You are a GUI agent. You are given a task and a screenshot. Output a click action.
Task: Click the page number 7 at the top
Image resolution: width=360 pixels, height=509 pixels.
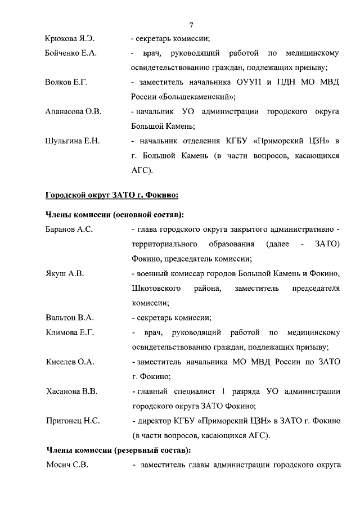click(x=191, y=25)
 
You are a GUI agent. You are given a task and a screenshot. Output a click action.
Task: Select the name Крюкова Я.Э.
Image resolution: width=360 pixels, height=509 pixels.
click(x=70, y=39)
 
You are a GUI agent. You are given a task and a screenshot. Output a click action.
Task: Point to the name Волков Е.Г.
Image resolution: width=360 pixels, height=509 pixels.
click(x=66, y=83)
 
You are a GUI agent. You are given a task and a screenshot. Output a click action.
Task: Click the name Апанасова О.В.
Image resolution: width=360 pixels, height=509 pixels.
click(x=73, y=112)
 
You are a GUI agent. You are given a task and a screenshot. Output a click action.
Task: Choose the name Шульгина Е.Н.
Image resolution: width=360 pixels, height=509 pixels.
click(x=72, y=141)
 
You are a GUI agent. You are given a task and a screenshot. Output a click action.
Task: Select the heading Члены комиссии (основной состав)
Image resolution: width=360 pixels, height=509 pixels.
click(x=115, y=215)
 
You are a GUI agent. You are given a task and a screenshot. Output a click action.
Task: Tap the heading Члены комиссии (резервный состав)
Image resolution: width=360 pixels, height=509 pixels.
click(x=118, y=451)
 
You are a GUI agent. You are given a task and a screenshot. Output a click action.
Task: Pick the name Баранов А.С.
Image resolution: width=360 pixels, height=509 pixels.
click(x=69, y=229)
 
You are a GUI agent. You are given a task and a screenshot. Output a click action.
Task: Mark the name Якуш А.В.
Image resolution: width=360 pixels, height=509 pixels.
click(x=64, y=273)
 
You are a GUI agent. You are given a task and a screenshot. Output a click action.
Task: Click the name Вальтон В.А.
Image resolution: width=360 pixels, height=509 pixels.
click(x=69, y=317)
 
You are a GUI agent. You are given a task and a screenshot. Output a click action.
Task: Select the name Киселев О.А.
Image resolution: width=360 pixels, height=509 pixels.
click(x=69, y=362)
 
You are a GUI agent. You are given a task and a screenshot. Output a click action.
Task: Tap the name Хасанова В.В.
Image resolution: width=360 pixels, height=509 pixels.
click(x=71, y=391)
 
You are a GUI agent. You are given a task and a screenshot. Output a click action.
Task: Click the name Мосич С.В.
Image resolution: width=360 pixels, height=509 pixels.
click(x=66, y=465)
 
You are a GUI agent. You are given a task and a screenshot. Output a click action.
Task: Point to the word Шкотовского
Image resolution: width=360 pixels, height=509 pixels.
click(x=156, y=288)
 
